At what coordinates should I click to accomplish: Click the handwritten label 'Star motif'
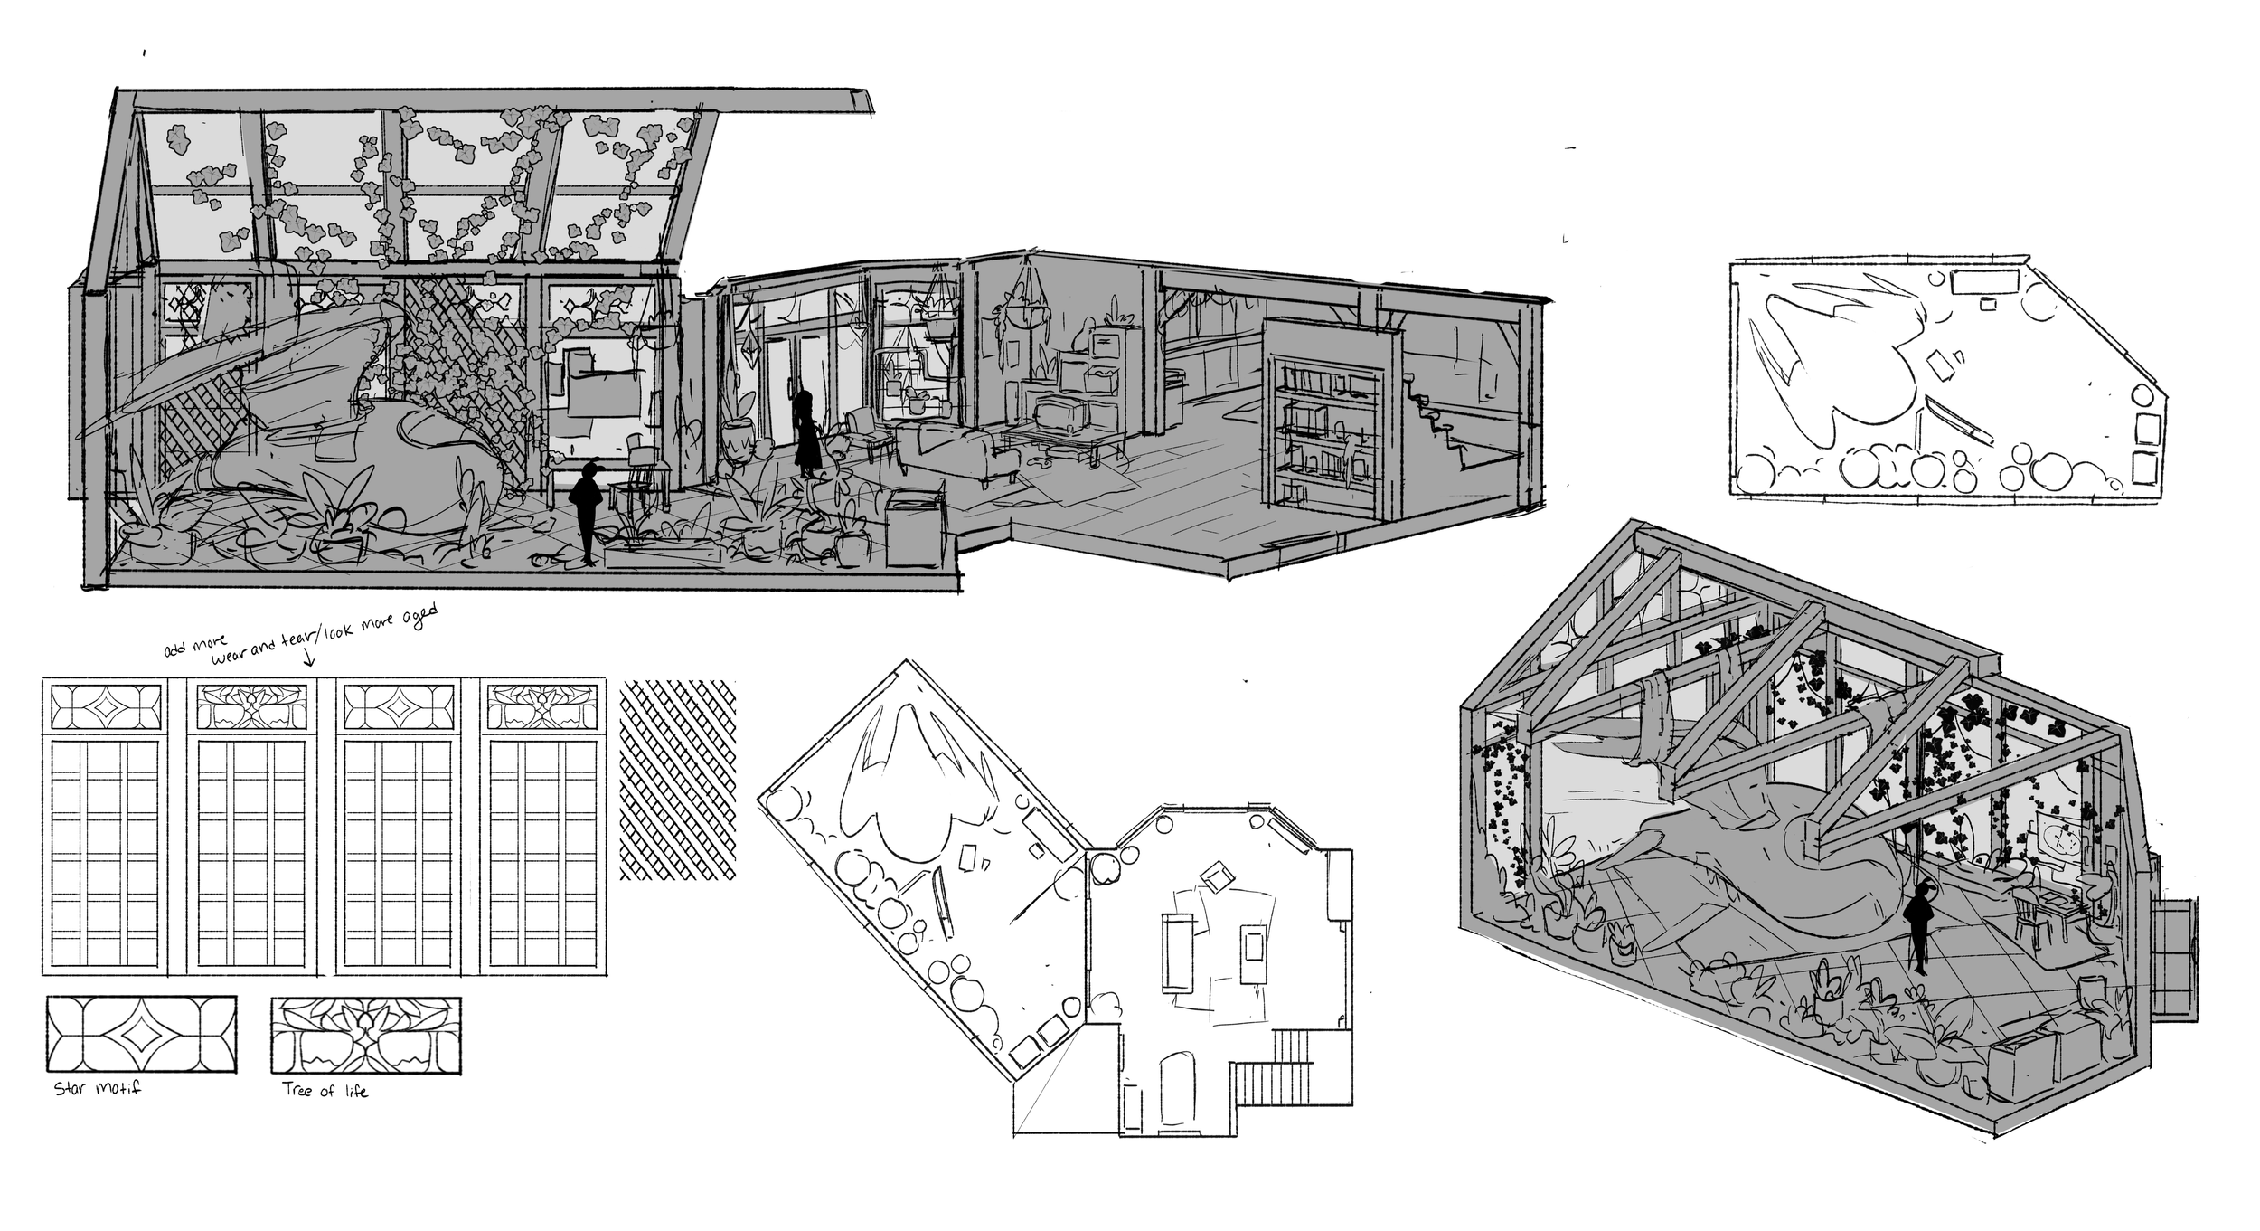click(x=98, y=1088)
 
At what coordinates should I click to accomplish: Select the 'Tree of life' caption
click(x=325, y=1091)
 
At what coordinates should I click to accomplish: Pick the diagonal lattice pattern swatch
click(x=677, y=780)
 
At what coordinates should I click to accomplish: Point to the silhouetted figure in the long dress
click(x=805, y=435)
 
